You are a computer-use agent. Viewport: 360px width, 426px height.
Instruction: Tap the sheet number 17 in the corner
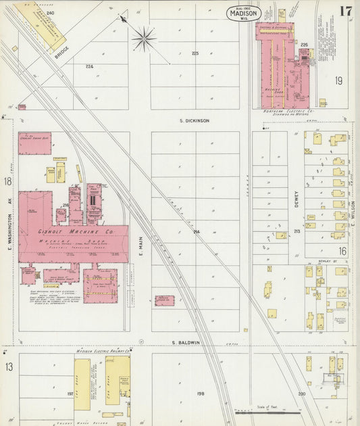point(345,11)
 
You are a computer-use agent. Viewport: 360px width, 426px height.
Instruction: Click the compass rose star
point(144,39)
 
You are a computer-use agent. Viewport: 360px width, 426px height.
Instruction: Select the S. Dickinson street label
point(193,120)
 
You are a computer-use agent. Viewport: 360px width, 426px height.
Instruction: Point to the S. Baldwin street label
point(185,343)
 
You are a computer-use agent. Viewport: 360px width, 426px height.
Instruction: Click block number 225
point(195,53)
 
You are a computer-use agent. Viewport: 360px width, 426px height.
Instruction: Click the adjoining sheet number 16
point(342,250)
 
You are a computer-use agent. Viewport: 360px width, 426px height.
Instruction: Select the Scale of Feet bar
point(267,411)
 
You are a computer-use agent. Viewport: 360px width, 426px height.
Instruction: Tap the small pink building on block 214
point(164,300)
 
